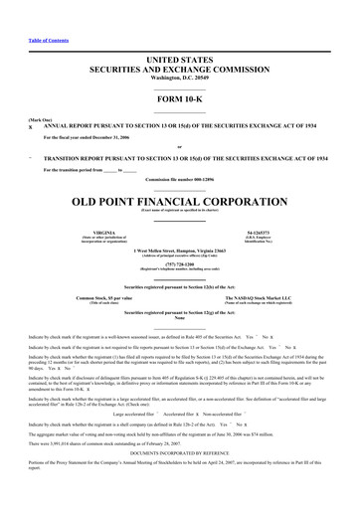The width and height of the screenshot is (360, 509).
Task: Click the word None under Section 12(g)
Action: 179,318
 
